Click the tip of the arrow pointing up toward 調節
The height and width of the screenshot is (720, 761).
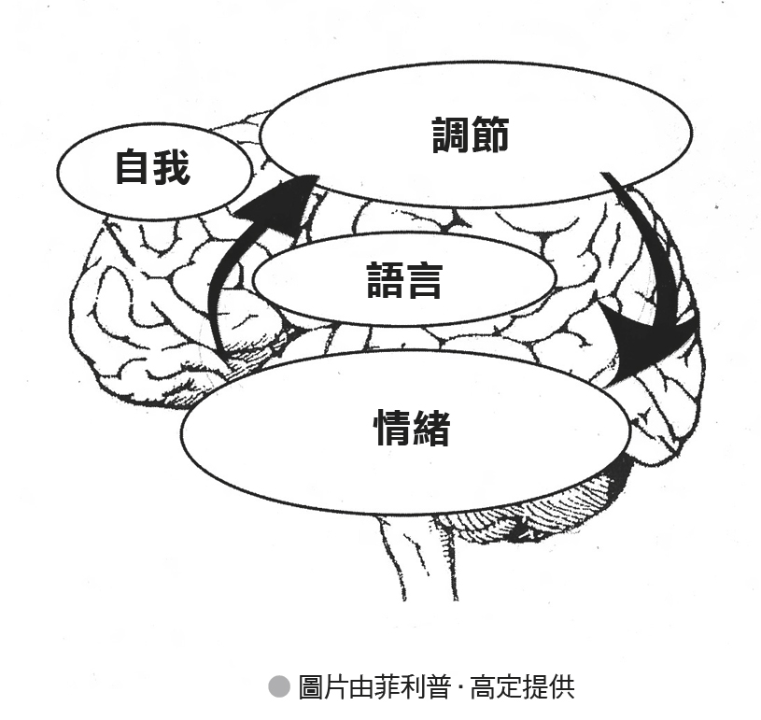pyautogui.click(x=317, y=176)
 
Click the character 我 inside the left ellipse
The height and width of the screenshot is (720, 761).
pyautogui.click(x=171, y=166)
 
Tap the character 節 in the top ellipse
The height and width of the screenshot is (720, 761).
pyautogui.click(x=490, y=134)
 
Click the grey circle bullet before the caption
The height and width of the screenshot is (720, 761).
pyautogui.click(x=279, y=686)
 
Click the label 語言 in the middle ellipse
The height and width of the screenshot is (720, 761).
pyautogui.click(x=404, y=279)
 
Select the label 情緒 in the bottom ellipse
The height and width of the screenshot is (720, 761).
pyautogui.click(x=412, y=428)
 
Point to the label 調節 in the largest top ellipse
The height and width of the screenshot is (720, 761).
pyautogui.click(x=471, y=134)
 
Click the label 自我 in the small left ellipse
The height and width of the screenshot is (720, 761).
pyautogui.click(x=152, y=166)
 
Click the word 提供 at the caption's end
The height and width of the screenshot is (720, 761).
pyautogui.click(x=549, y=686)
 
